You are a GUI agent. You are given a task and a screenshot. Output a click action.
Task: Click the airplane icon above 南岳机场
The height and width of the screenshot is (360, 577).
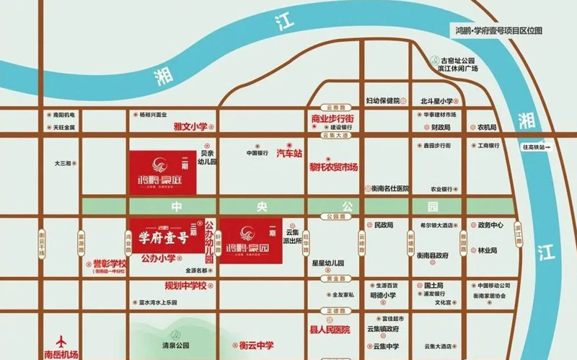coord(61,340)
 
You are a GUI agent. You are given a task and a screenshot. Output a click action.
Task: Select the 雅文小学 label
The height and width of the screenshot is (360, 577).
coord(190,126)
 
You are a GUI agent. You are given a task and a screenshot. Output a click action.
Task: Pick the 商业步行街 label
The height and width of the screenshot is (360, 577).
coord(332,118)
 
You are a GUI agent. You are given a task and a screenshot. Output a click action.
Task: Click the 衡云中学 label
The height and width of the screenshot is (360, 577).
coord(258,344)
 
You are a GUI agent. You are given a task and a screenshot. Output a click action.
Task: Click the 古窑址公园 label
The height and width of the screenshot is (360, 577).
coord(460,61)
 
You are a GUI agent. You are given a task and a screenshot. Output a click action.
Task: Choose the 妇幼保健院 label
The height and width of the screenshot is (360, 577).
coord(382,100)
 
